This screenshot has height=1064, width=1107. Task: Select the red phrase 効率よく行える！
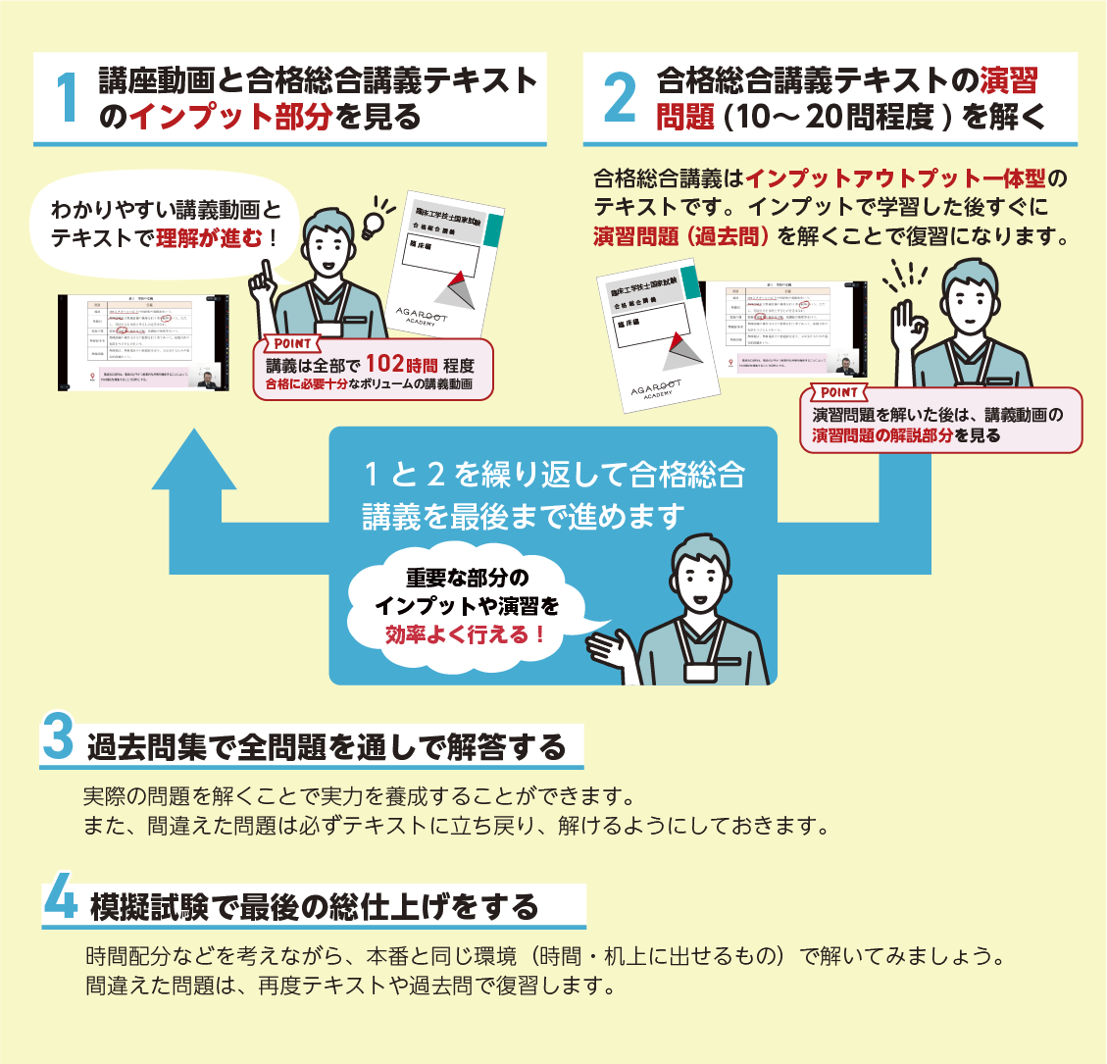(x=466, y=634)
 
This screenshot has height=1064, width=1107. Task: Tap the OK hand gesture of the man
(x=910, y=324)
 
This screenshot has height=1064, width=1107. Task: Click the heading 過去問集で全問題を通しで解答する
(x=327, y=748)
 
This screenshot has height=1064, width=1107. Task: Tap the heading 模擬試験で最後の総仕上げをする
(x=314, y=907)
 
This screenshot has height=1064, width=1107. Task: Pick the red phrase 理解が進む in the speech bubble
(x=216, y=238)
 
